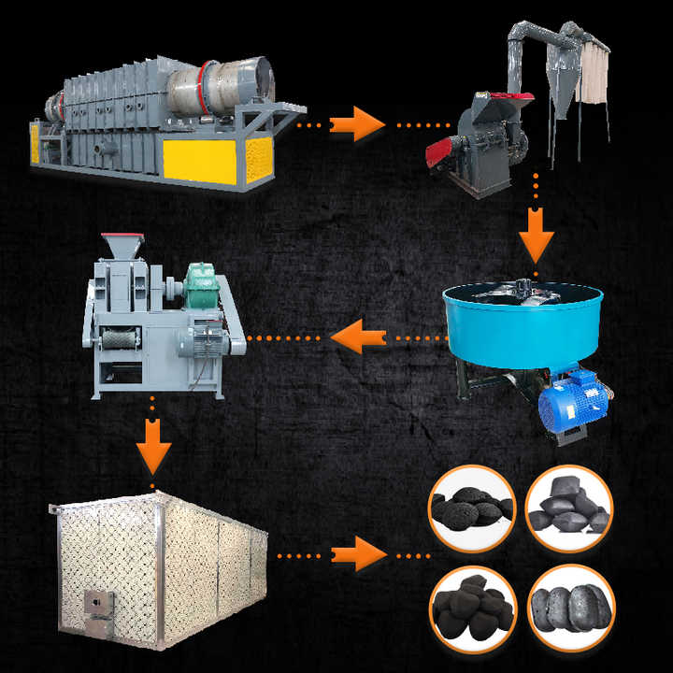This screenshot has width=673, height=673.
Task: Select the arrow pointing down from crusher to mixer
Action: [536, 241]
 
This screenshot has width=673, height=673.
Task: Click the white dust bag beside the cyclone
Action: [593, 75]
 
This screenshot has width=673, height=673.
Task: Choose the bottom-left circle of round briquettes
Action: [471, 603]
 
